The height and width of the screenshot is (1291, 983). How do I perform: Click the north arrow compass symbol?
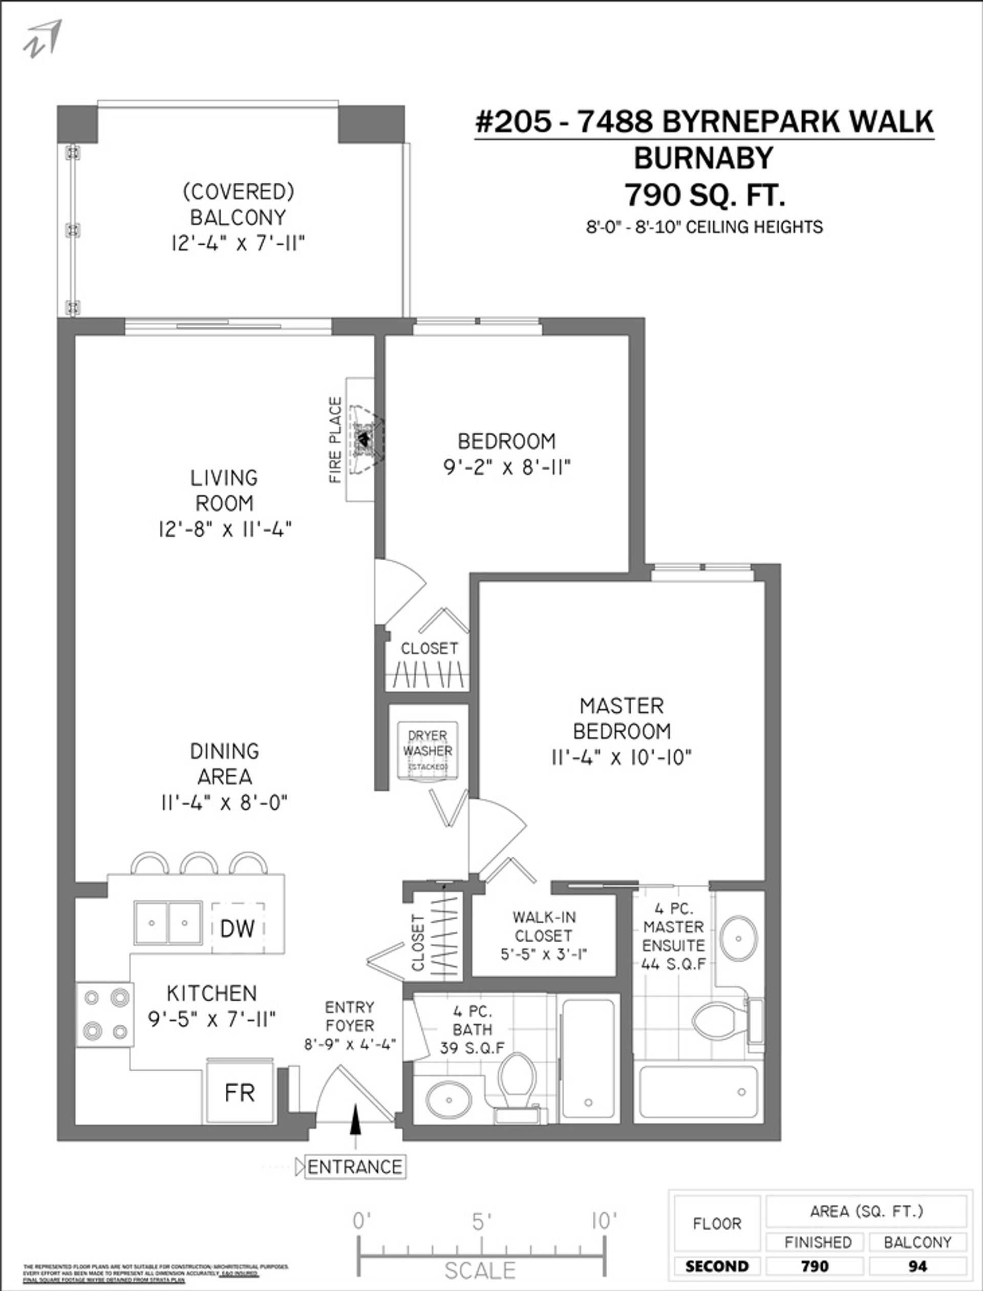point(42,38)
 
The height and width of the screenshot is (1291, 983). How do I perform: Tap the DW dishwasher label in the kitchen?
point(238,928)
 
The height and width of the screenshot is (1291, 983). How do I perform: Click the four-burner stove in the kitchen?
point(105,1014)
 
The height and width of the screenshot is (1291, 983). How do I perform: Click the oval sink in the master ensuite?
point(738,938)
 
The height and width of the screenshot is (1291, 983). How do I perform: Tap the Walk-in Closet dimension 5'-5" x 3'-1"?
point(544,955)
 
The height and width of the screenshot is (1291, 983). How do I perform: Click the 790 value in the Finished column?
point(815,1266)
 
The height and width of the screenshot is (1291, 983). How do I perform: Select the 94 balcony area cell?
point(917,1266)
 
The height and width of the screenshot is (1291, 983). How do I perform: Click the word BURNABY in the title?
point(703,158)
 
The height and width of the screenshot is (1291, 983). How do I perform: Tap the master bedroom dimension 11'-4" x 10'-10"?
point(622,758)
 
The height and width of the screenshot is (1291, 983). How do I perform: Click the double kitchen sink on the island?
point(168,923)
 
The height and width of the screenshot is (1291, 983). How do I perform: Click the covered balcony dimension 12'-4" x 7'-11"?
point(238,243)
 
